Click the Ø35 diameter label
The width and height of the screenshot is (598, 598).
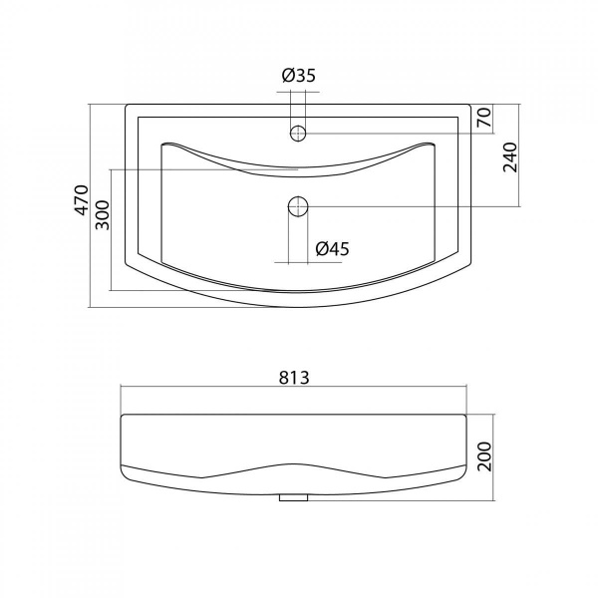pyautogui.click(x=299, y=76)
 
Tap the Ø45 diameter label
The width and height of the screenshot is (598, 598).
pyautogui.click(x=332, y=249)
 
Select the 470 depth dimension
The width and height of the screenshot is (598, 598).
pyautogui.click(x=82, y=200)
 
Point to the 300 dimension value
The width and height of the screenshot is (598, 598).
pyautogui.click(x=103, y=214)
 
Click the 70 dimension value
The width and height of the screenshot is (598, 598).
pyautogui.click(x=483, y=118)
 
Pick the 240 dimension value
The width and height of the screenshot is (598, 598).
pyautogui.click(x=510, y=157)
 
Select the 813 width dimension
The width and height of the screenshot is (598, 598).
pyautogui.click(x=294, y=378)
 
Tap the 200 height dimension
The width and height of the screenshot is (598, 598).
pyautogui.click(x=484, y=456)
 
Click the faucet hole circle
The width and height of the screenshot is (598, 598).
pyautogui.click(x=298, y=134)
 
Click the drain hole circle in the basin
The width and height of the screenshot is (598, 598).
pyautogui.click(x=298, y=206)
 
